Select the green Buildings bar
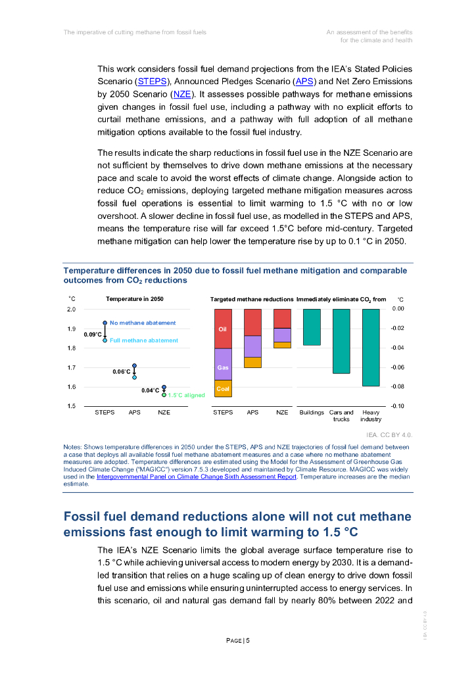click(312, 327)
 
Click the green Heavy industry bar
click(371, 347)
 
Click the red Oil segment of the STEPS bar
click(223, 329)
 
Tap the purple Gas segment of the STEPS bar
click(223, 364)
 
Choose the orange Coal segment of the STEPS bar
click(223, 388)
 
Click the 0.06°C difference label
click(121, 372)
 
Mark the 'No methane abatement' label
click(143, 323)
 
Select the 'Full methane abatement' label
click(144, 340)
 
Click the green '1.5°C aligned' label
click(186, 395)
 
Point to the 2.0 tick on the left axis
click(72, 309)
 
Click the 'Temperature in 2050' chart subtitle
click(135, 299)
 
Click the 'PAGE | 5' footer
click(237, 641)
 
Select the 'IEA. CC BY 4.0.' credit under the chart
click(389, 434)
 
